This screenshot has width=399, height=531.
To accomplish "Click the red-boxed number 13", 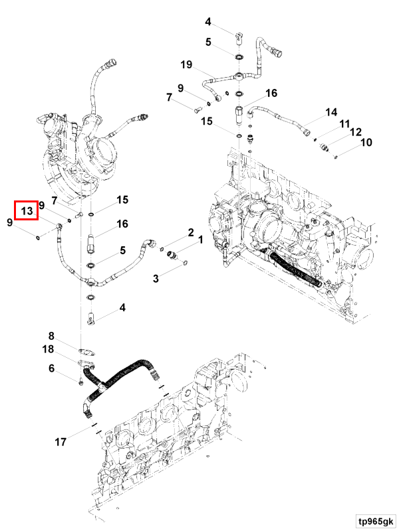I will click(27, 211).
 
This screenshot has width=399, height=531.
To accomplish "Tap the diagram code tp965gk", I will click(373, 520).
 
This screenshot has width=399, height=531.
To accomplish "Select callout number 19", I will click(187, 64).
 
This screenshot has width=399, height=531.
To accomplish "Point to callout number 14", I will click(331, 113).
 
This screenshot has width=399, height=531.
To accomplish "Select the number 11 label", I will click(344, 124).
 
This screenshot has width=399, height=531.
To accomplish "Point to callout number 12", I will click(356, 132).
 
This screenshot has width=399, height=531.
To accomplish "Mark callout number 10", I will click(366, 142).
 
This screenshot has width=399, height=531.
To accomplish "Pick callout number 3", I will click(157, 279).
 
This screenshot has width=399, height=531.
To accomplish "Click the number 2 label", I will click(190, 232).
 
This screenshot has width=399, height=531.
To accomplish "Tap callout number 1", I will click(199, 246).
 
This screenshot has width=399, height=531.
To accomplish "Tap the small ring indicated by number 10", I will click(337, 157).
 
